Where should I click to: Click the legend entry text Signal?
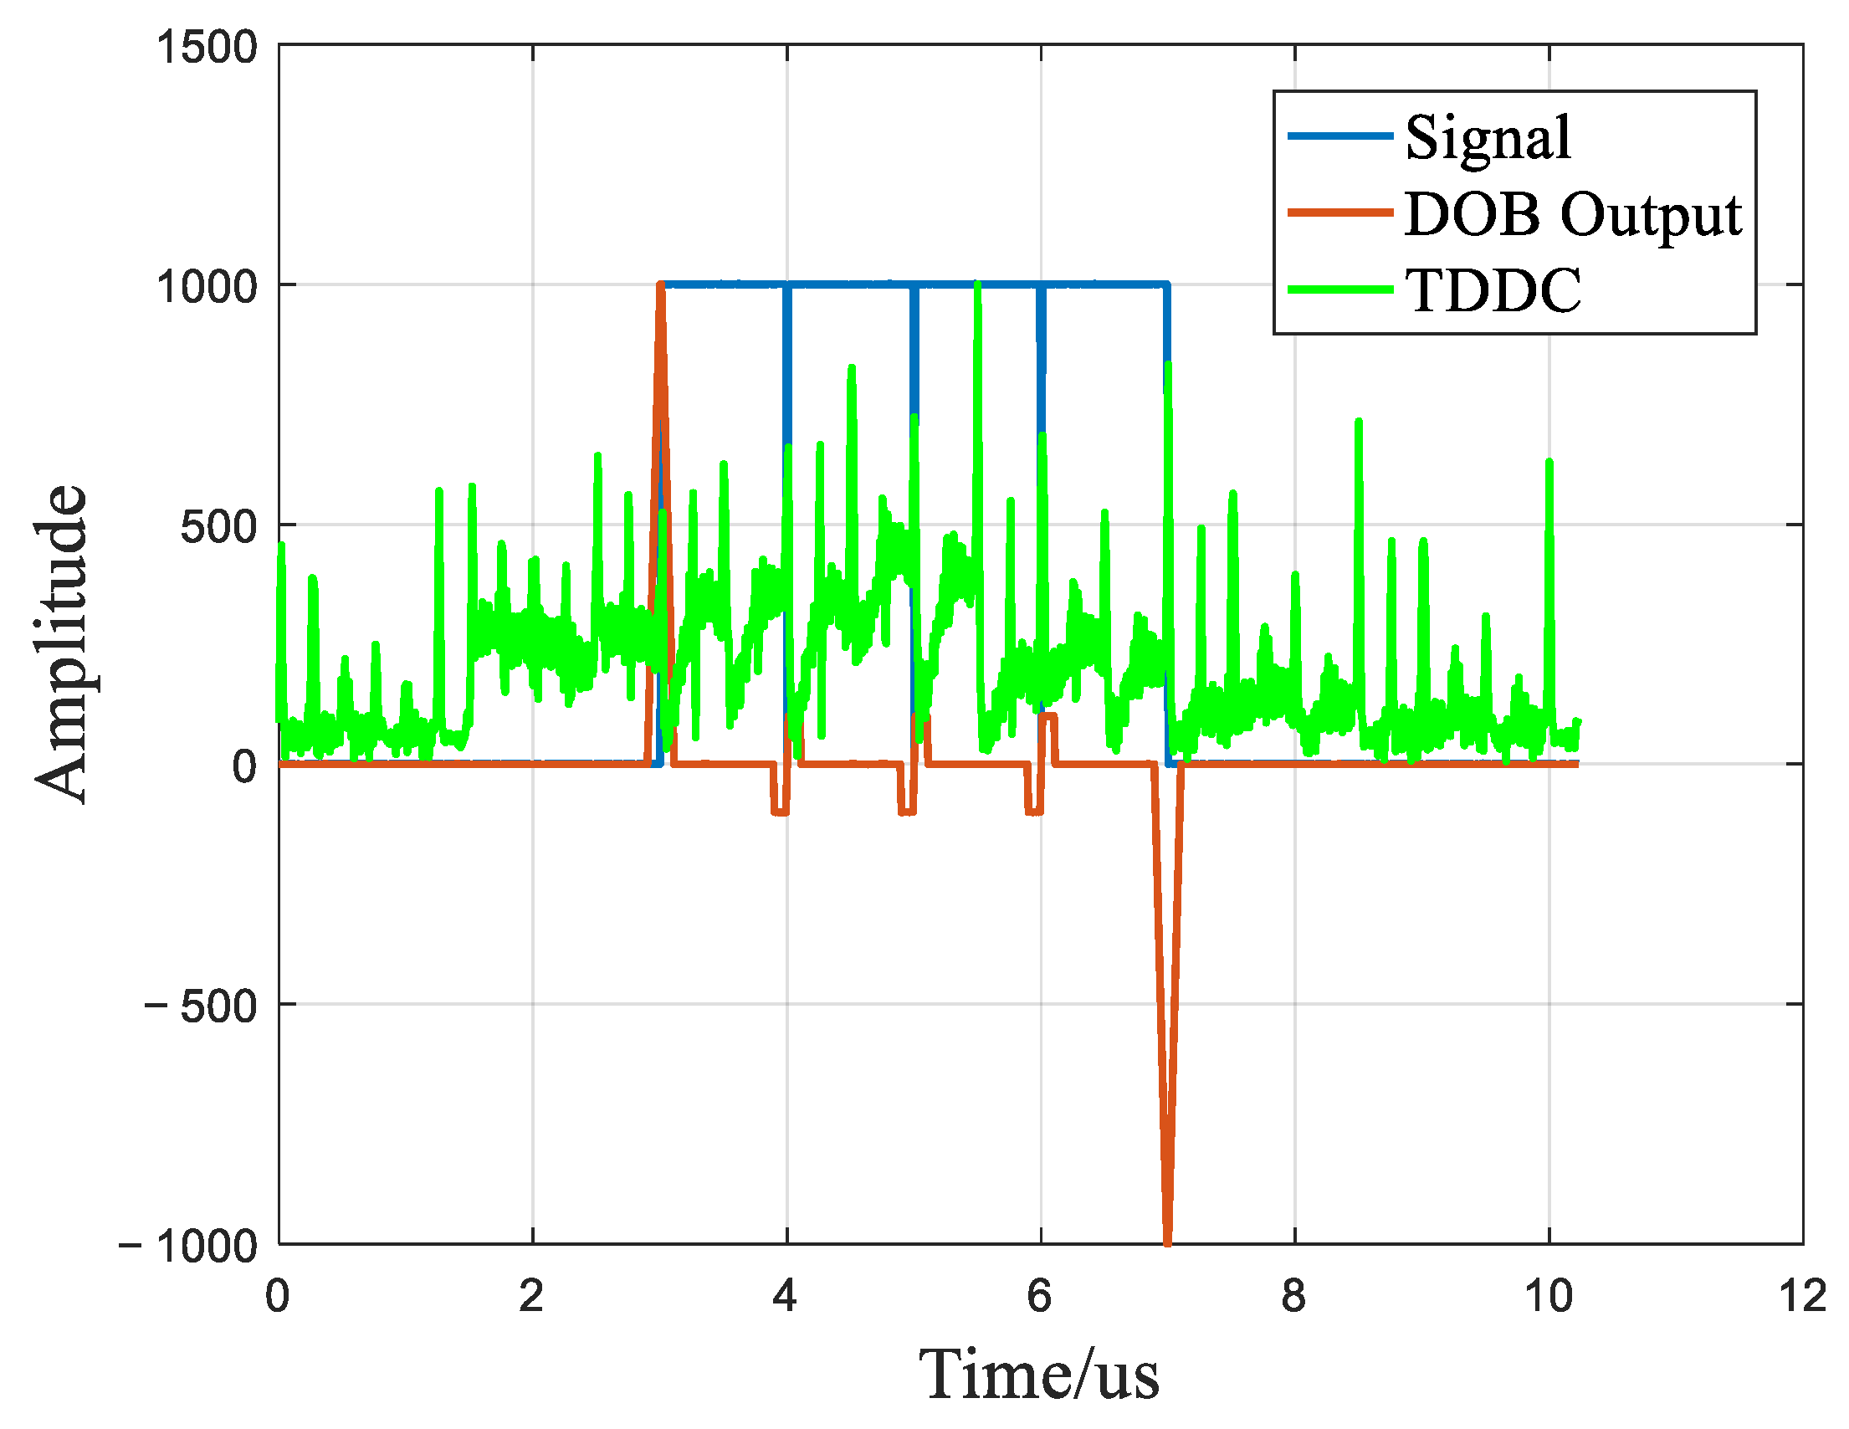click(1488, 137)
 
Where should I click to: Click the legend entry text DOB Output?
click(1572, 214)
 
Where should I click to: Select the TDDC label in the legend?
click(1493, 291)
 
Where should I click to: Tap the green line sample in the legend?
click(1340, 289)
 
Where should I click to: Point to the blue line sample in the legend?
click(1340, 136)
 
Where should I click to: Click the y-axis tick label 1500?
click(207, 47)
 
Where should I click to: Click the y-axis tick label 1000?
click(207, 286)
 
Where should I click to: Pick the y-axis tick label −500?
click(201, 1006)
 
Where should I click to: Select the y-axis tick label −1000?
click(188, 1246)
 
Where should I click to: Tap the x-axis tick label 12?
click(1802, 1296)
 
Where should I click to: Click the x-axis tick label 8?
click(1293, 1296)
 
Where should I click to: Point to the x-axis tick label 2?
click(531, 1296)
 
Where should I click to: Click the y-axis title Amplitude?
click(61, 643)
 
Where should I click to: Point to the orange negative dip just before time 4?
click(780, 811)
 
